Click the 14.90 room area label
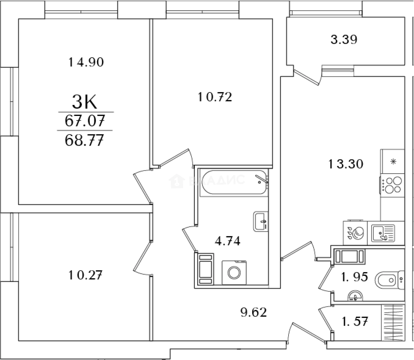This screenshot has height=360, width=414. [86, 62]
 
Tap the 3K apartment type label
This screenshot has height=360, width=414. [85, 102]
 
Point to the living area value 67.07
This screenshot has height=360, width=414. [85, 121]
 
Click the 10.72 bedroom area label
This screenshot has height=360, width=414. [215, 97]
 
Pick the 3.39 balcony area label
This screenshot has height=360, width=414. [344, 40]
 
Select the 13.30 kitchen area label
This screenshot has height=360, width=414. [346, 164]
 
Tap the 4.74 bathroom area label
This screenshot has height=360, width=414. [228, 241]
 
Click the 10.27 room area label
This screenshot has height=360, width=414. [85, 275]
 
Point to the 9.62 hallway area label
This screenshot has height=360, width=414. [254, 312]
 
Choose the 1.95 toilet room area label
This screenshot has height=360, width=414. [354, 277]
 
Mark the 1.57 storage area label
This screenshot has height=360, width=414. [354, 322]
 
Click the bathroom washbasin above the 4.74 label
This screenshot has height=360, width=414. [261, 221]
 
